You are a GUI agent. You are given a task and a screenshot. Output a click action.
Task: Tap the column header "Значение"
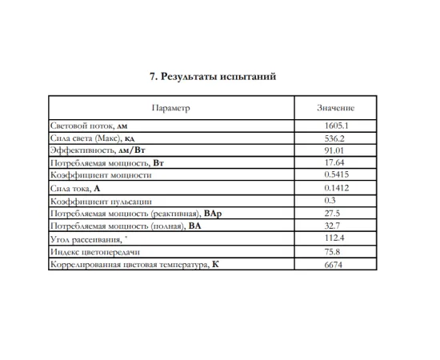click(x=335, y=107)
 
